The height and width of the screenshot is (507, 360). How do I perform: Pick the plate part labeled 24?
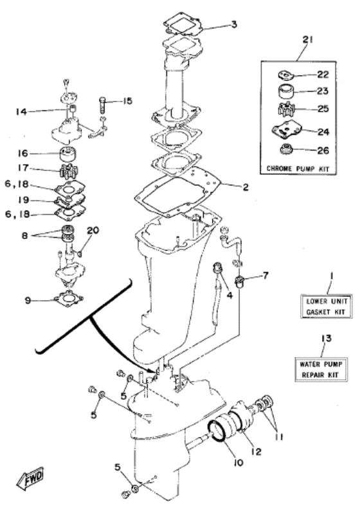coord(285,132)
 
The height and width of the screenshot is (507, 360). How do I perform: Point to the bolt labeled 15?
coord(104,101)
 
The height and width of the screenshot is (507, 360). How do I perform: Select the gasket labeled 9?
coord(67,298)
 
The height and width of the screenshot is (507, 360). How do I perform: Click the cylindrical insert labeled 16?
coord(67,154)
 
